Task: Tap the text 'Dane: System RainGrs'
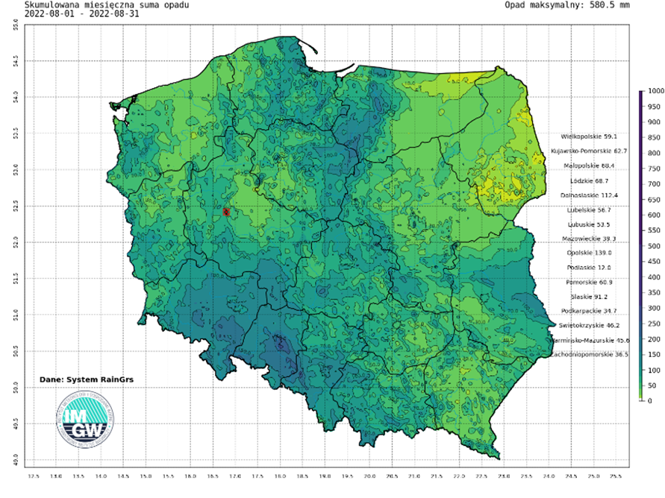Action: [81, 379]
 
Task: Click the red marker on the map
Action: [226, 212]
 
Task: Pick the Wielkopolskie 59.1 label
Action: [594, 137]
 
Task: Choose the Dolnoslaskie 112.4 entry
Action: [594, 195]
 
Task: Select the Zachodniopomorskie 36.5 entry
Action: [589, 355]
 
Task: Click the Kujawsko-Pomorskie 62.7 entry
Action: [589, 151]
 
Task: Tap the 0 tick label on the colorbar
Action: [649, 401]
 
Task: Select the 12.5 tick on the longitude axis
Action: [33, 475]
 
